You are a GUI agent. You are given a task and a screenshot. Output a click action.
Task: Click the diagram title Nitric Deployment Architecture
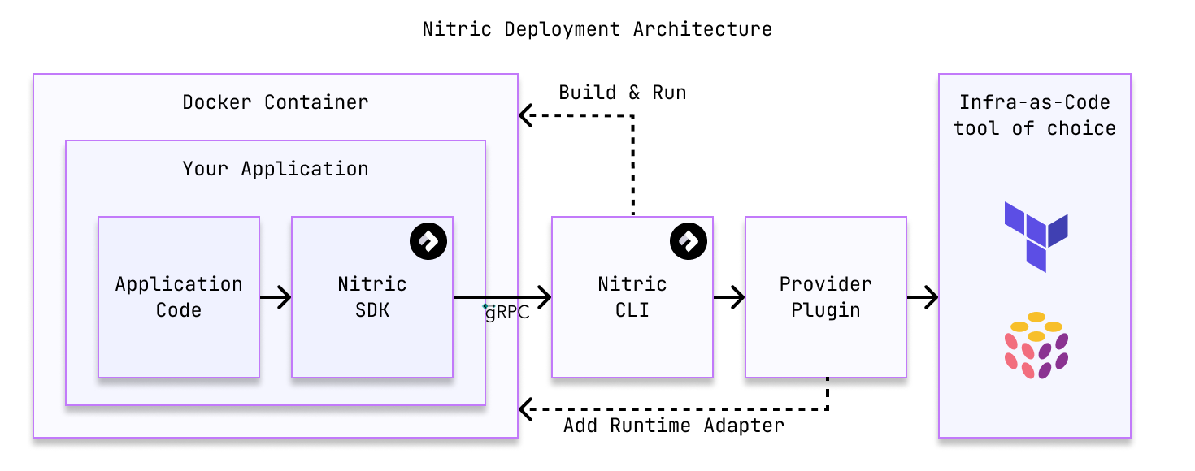click(597, 29)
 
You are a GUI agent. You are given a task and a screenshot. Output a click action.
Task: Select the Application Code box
click(179, 297)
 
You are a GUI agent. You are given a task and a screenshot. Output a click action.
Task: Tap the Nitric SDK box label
click(372, 297)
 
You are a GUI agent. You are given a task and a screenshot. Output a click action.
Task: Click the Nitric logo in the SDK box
click(428, 241)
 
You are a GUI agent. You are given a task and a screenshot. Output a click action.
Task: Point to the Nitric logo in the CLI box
click(689, 241)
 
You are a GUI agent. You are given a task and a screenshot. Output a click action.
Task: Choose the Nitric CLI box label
click(632, 297)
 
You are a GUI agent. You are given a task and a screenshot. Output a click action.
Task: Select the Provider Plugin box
click(825, 297)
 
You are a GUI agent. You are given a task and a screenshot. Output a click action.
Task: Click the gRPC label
click(507, 313)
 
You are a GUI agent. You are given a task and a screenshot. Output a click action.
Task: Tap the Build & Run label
click(623, 93)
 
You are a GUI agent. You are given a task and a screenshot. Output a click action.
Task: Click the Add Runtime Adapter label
click(674, 426)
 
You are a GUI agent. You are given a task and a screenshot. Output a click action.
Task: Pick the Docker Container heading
click(275, 102)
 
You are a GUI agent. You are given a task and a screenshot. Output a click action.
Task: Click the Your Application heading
click(275, 169)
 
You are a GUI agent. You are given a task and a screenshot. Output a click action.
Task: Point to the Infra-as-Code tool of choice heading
click(1034, 115)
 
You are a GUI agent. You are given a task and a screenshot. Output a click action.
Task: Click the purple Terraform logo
click(1036, 236)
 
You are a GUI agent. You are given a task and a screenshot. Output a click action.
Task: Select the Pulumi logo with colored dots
click(1036, 345)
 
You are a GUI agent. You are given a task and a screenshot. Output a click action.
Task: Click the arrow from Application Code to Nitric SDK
click(276, 298)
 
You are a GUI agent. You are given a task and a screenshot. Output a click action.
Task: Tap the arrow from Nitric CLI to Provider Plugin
click(729, 298)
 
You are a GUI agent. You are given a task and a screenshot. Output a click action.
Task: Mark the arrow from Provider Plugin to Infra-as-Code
click(923, 298)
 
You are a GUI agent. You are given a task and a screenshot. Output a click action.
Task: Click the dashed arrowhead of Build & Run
click(526, 116)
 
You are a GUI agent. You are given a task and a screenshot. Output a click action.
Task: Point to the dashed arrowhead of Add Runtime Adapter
click(526, 408)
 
